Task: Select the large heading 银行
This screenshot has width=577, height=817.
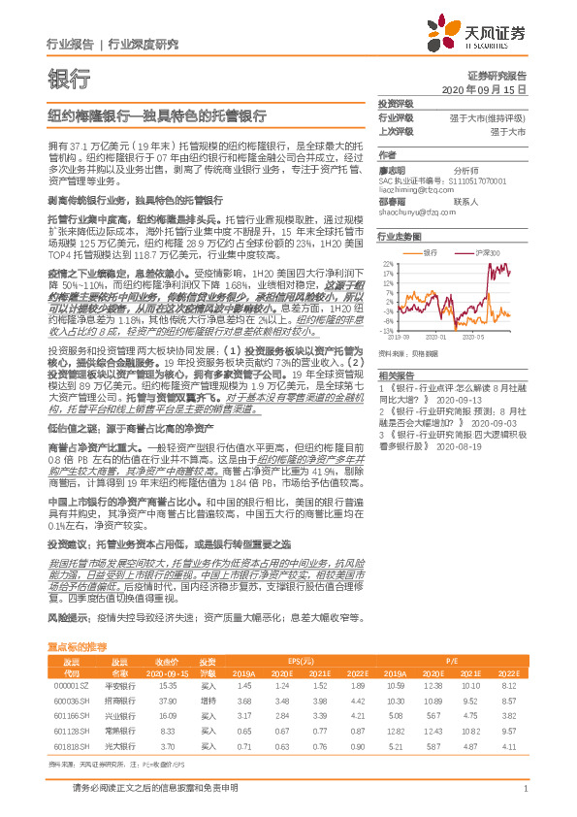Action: (68, 78)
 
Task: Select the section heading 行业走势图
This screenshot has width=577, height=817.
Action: (400, 236)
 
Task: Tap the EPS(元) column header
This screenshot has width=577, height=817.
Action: (303, 658)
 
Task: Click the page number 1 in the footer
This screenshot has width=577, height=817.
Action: (524, 800)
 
